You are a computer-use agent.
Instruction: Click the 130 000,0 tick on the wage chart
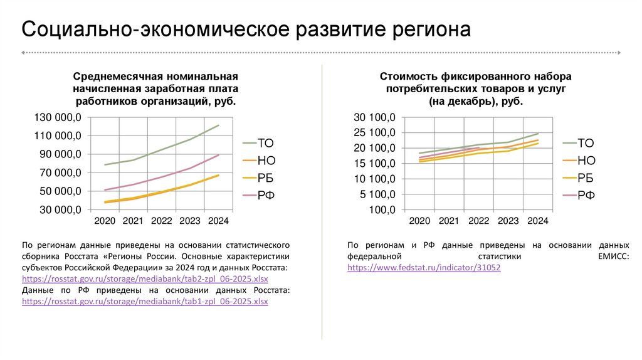pos(56,117)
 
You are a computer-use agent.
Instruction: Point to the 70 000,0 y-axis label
pos(56,172)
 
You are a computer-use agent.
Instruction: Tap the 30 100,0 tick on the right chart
pos(375,117)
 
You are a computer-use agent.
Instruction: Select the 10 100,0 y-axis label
pos(375,179)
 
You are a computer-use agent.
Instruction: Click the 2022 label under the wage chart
pos(161,221)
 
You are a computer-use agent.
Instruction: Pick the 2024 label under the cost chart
pos(538,221)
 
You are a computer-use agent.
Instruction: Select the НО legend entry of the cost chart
pos(586,160)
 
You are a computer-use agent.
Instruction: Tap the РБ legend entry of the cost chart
pos(586,177)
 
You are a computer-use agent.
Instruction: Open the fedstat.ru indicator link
pos(424,268)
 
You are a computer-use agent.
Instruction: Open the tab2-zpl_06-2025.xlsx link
pos(145,278)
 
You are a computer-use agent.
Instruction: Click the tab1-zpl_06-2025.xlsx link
pos(145,302)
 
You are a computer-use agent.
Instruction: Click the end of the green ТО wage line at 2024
pos(219,125)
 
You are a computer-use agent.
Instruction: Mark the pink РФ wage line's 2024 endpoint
pos(219,155)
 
